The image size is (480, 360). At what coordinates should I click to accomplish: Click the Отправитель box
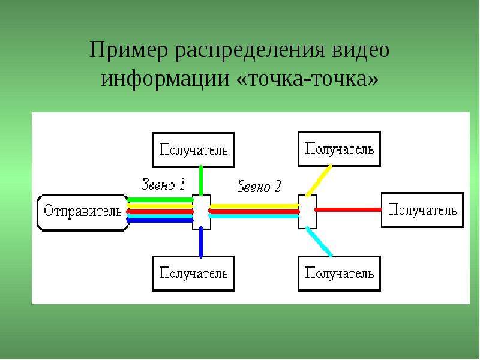(83, 212)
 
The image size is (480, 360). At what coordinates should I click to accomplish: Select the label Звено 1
(163, 185)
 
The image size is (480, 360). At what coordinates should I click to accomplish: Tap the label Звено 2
(259, 186)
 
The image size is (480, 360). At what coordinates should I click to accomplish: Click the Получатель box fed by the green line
(193, 150)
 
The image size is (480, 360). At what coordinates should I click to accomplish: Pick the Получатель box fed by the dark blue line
(193, 274)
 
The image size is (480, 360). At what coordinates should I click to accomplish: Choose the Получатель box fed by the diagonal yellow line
(339, 149)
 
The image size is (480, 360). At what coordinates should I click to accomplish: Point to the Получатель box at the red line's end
(422, 210)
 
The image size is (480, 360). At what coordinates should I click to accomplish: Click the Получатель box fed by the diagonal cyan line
(339, 274)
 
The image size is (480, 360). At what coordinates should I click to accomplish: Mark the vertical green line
(201, 181)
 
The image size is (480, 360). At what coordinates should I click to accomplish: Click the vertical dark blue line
(201, 242)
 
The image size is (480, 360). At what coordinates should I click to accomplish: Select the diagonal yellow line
(319, 181)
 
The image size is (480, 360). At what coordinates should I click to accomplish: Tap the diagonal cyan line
(319, 242)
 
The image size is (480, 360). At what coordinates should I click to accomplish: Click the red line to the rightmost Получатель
(348, 209)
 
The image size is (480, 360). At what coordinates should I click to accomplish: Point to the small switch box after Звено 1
(201, 212)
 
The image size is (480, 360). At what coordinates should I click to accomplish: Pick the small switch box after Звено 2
(307, 212)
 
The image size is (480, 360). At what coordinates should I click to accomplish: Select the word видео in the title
(361, 50)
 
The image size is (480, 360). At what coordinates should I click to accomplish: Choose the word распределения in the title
(250, 50)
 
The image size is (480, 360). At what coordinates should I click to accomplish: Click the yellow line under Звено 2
(254, 206)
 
